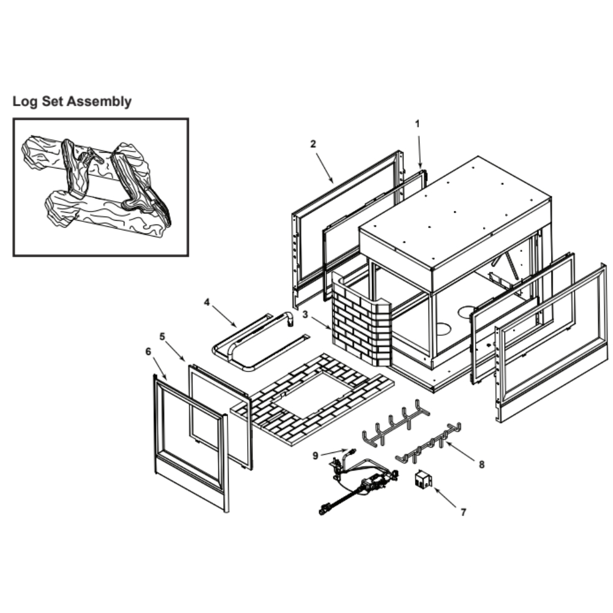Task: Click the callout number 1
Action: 417,123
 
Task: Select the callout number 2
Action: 313,144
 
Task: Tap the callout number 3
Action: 305,314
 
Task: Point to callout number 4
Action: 207,302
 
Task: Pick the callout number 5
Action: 162,336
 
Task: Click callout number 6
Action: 148,351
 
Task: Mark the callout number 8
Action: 482,465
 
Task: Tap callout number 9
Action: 315,455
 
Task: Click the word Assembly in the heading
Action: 99,101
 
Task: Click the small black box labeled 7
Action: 422,479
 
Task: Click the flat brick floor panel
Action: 313,398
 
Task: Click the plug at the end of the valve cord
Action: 323,508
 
